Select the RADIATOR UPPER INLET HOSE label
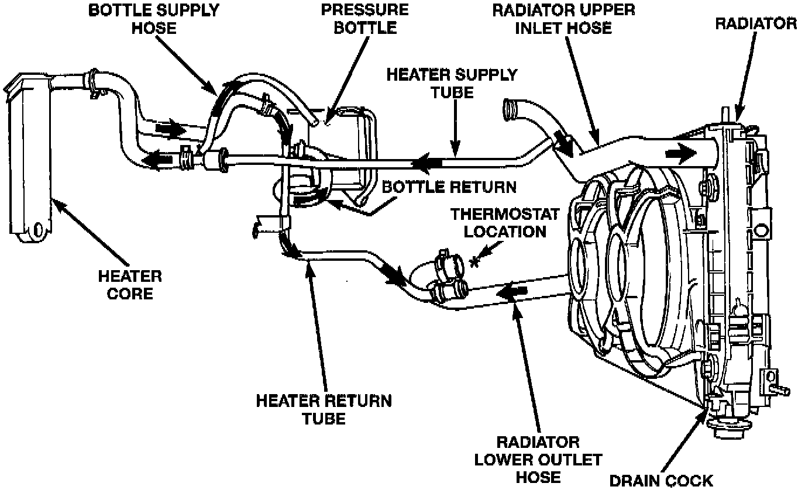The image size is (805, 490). pos(563,19)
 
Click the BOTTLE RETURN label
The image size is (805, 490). pos(449,187)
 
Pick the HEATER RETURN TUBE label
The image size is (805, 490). pos(324,409)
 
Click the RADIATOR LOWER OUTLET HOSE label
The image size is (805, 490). pos(538,459)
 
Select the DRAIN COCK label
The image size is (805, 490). pos(662,480)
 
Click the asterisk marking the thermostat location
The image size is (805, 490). pos(474,262)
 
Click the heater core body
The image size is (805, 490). pos(29,158)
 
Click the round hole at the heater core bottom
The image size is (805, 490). pos(39,230)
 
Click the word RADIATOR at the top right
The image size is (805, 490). pos(756,23)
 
